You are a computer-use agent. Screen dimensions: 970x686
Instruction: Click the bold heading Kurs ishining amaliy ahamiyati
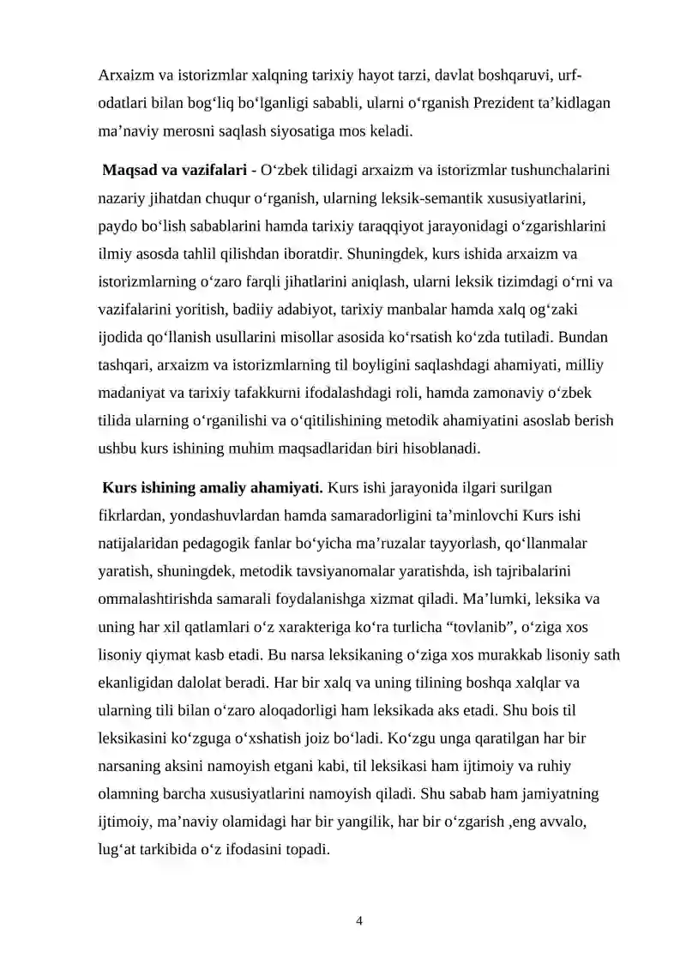[212, 488]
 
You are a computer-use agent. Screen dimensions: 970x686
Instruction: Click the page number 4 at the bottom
[359, 921]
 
